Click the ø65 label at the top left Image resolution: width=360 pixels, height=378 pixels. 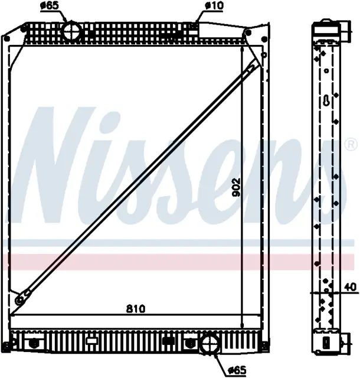[50, 6]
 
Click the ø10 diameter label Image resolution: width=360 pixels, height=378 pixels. [214, 6]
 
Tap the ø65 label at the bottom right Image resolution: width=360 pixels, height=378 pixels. [237, 369]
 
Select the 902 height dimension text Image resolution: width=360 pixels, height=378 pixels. [236, 187]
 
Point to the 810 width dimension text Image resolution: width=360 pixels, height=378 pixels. [136, 309]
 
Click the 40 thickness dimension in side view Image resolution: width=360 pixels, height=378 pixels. [351, 288]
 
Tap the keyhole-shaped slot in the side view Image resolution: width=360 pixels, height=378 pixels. [326, 100]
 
